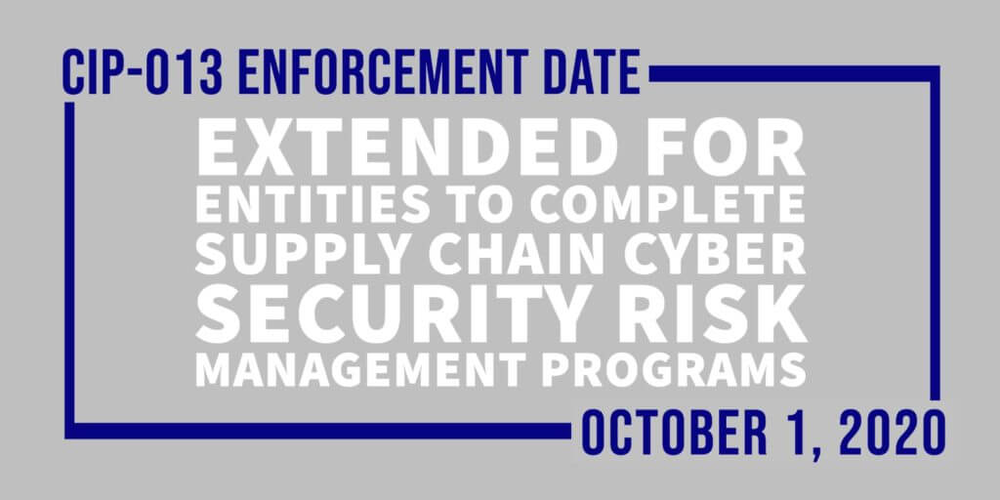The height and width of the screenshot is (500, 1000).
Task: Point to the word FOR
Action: click(735, 147)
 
